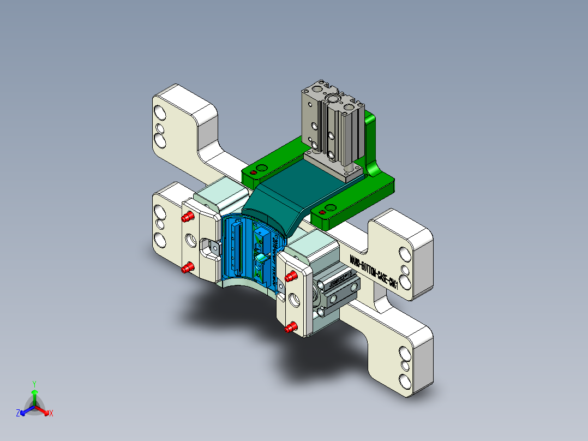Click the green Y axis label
coord(34,384)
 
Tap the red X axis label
coord(51,413)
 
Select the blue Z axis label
coord(18,413)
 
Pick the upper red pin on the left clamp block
coord(188,217)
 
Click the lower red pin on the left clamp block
coord(188,267)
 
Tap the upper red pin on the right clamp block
coord(291,276)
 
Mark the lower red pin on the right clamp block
coord(291,327)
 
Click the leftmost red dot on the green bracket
coord(253,173)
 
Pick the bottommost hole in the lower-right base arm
coord(405,380)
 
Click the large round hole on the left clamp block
coord(192,239)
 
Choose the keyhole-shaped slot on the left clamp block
coord(210,247)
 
